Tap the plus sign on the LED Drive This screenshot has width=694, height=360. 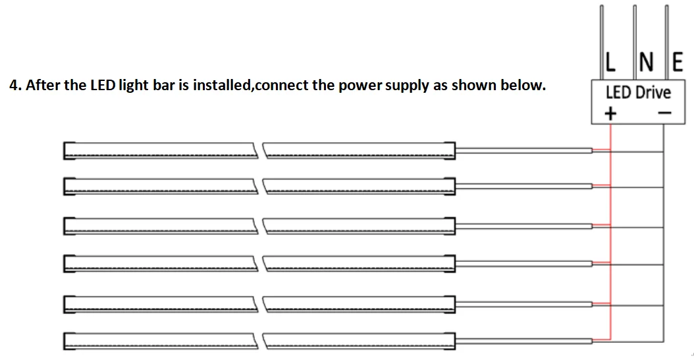tap(611, 113)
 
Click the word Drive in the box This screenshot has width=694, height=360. tap(653, 92)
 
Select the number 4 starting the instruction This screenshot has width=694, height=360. tap(13, 86)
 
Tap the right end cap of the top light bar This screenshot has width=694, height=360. tap(451, 151)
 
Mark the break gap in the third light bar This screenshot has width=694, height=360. tap(260, 226)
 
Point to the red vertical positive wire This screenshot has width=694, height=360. tap(612, 244)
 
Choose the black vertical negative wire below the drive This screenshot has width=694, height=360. tap(663, 244)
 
